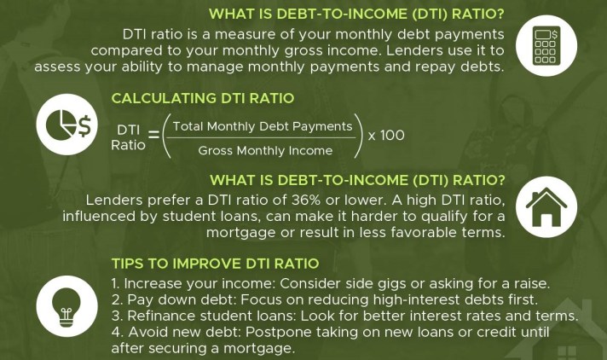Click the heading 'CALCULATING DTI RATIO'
pyautogui.click(x=202, y=98)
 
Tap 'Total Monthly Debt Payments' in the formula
pyautogui.click(x=263, y=126)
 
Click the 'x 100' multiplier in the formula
pyautogui.click(x=386, y=136)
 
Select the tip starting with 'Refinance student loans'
pyautogui.click(x=344, y=316)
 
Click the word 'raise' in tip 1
pyautogui.click(x=530, y=283)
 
